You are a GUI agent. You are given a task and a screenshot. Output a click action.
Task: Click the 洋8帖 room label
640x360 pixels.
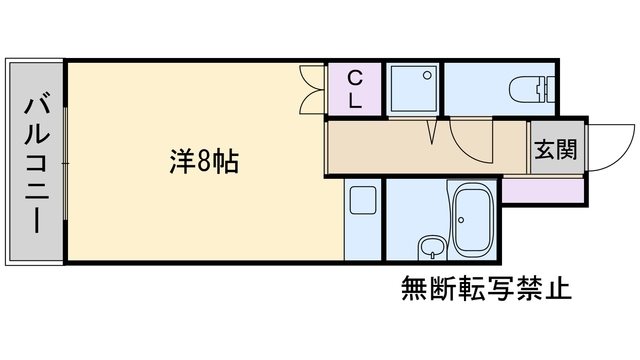(x=203, y=160)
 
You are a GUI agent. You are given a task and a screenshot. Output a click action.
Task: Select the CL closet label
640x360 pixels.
(x=355, y=88)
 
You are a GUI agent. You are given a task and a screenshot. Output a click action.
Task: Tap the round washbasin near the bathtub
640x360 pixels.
(x=430, y=246)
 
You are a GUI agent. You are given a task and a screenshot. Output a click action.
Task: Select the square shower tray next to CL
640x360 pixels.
(x=413, y=89)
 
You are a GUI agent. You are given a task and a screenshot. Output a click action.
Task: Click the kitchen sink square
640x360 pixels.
(x=362, y=201)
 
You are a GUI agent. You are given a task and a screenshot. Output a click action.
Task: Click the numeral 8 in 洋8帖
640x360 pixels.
(x=203, y=160)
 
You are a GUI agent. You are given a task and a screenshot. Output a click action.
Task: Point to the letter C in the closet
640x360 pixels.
(x=355, y=77)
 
